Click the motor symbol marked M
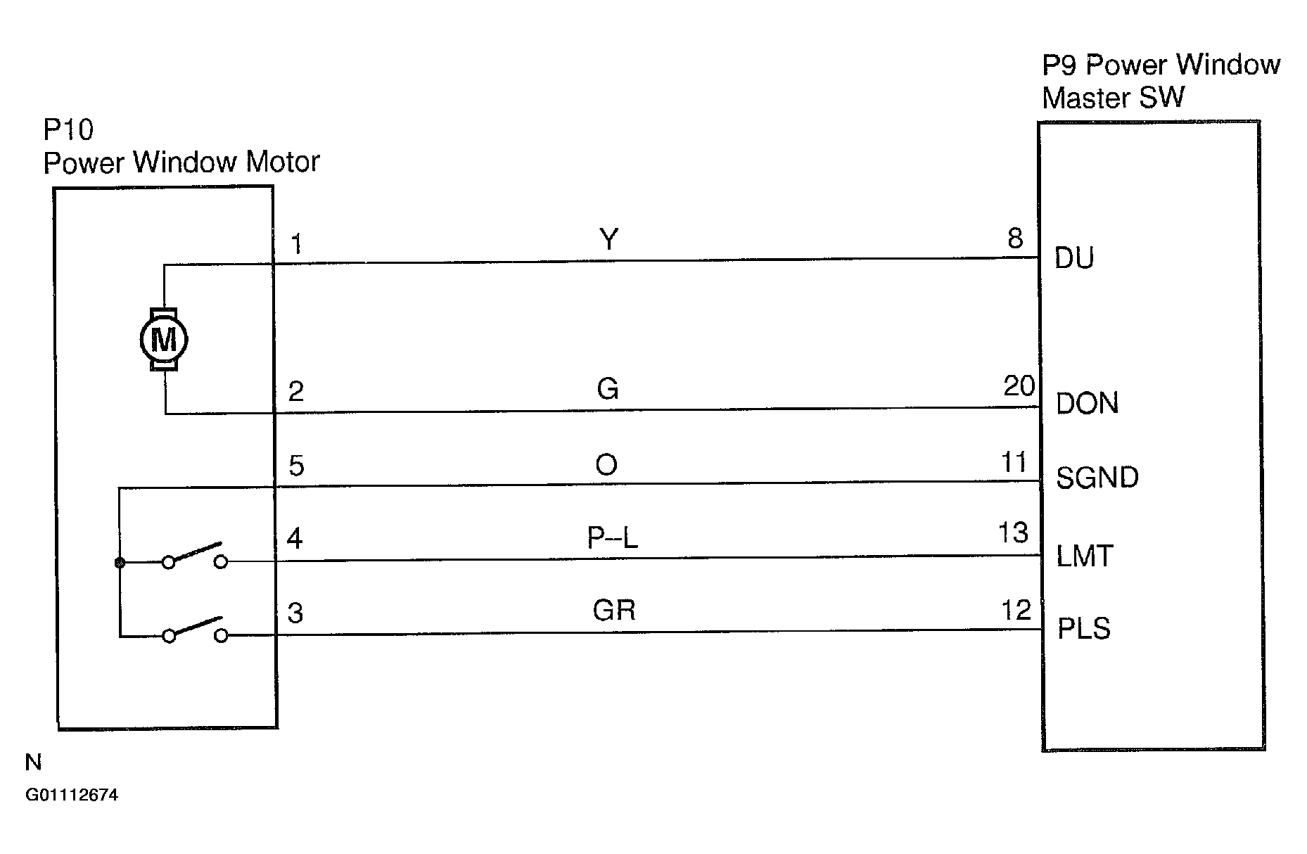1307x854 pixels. point(164,340)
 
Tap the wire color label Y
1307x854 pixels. point(609,240)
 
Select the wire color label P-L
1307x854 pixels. point(612,538)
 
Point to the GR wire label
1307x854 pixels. point(613,610)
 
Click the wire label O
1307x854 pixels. point(606,465)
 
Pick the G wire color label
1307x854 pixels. point(607,389)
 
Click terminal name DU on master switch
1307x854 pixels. point(1074,259)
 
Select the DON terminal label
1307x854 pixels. point(1087,404)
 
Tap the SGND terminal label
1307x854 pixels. point(1097,478)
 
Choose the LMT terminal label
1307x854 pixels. point(1084,556)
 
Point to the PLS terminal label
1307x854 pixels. point(1083,628)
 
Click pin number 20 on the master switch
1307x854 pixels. point(1019,386)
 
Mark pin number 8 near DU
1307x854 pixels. point(1015,239)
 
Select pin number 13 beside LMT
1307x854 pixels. point(1013,533)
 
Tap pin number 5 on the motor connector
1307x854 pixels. point(296,466)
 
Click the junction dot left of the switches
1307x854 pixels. point(120,562)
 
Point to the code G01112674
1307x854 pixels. point(72,796)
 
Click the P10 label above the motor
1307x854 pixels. point(68,130)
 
